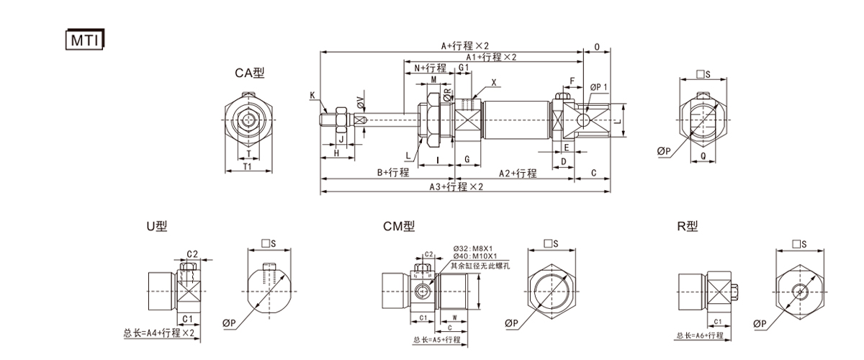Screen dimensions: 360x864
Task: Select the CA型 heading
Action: [x=250, y=73]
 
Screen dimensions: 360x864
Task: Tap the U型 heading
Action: [x=156, y=226]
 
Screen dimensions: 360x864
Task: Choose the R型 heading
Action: [x=688, y=226]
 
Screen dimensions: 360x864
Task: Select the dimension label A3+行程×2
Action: [x=456, y=186]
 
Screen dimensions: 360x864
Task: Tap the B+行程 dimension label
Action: [x=393, y=173]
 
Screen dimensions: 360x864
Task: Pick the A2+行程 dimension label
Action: [x=517, y=173]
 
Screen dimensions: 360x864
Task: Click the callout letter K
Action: [x=313, y=95]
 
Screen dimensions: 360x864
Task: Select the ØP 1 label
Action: [x=599, y=86]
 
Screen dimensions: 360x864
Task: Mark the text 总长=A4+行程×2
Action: [x=158, y=333]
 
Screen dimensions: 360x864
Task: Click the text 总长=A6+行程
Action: [x=700, y=336]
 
